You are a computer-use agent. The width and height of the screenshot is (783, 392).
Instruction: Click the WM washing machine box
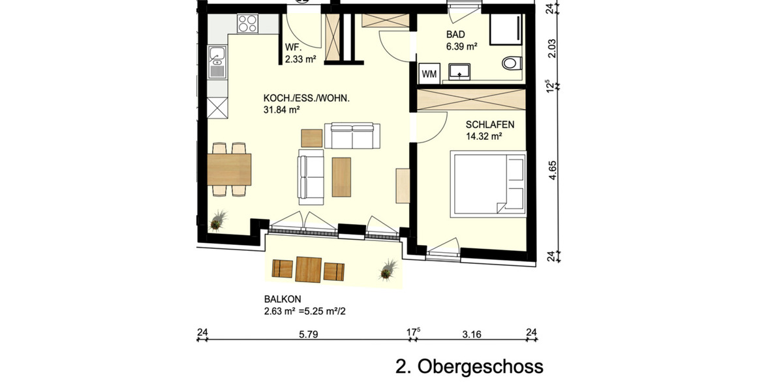[429, 73]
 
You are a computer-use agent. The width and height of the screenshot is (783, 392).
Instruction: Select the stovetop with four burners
[247, 24]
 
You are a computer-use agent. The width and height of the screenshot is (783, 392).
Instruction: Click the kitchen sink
[217, 62]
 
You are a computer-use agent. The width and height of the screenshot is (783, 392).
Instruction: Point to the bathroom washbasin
[463, 71]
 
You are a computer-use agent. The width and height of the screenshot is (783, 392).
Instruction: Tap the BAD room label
[455, 34]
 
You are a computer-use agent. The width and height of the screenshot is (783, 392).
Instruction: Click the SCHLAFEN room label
[490, 124]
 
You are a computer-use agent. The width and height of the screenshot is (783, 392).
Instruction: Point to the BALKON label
[278, 299]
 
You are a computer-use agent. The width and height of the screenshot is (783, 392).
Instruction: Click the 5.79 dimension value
[307, 335]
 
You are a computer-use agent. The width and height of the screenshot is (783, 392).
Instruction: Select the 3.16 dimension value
[471, 335]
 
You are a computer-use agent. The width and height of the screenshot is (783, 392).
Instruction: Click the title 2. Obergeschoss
[469, 366]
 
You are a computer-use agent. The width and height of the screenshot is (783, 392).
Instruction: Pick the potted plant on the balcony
[390, 269]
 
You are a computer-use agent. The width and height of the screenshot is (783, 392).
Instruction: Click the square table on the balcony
[309, 269]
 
